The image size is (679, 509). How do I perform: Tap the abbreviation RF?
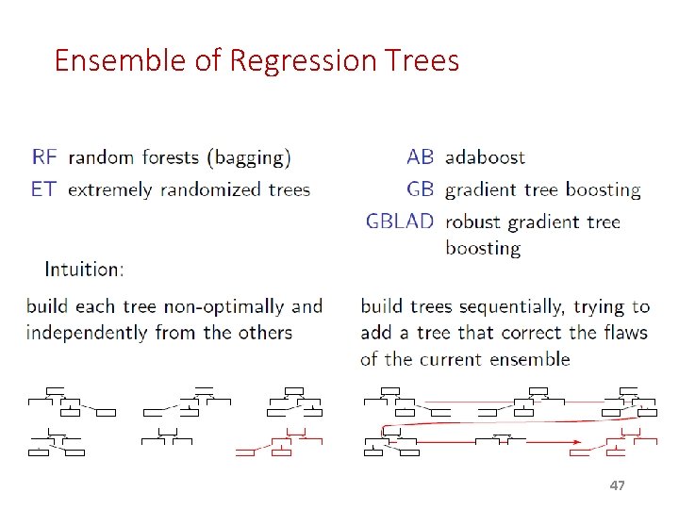click(44, 156)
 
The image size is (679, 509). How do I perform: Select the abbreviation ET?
click(43, 189)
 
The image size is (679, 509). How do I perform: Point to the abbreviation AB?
click(420, 156)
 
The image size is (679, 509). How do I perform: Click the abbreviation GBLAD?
click(400, 222)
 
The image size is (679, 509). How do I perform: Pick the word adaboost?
click(485, 156)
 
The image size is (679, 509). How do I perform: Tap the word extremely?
click(110, 189)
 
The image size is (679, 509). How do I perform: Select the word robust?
click(473, 222)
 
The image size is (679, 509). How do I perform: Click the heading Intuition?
click(83, 269)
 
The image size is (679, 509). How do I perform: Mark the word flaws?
click(623, 333)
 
